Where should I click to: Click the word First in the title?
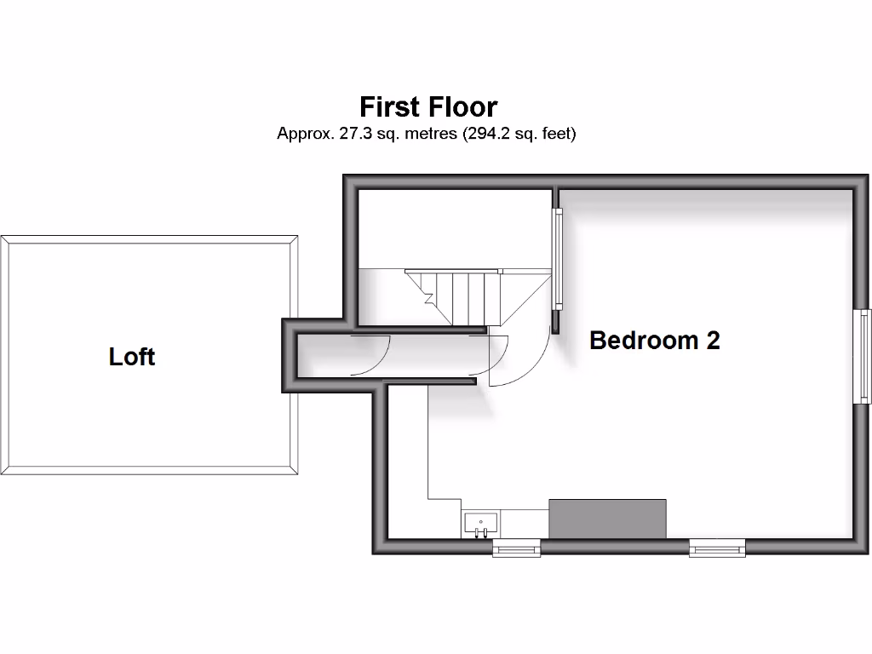pyautogui.click(x=388, y=107)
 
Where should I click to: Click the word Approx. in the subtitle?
pyautogui.click(x=301, y=134)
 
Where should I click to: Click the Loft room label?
pyautogui.click(x=132, y=356)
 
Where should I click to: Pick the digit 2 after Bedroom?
pyautogui.click(x=712, y=341)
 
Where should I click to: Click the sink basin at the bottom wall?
pyautogui.click(x=480, y=524)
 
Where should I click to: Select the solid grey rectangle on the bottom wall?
pyautogui.click(x=607, y=519)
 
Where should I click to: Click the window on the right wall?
pyautogui.click(x=864, y=355)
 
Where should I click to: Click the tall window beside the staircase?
pyautogui.click(x=559, y=260)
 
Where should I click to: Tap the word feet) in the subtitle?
pyautogui.click(x=556, y=134)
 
